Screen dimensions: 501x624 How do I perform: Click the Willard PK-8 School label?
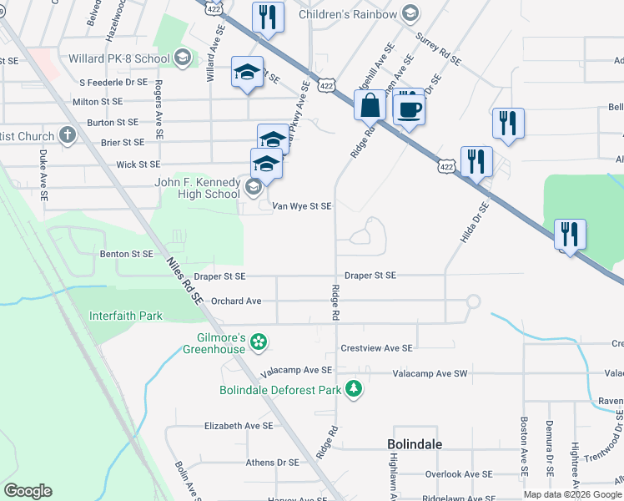point(118,58)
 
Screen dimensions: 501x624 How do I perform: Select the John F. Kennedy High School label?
point(197,189)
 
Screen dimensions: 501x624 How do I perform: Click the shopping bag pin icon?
point(370,106)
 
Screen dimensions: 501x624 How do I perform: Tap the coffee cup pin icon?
point(409,109)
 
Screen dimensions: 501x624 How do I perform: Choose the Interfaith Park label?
point(126,316)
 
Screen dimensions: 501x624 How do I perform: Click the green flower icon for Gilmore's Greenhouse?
point(259,341)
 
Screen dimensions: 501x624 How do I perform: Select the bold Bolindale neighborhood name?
point(415,444)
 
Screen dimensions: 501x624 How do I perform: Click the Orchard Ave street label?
point(236,301)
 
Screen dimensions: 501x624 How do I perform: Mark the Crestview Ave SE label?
point(376,347)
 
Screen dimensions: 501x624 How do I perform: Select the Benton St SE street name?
point(126,253)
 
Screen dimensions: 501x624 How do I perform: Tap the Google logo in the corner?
point(28,491)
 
